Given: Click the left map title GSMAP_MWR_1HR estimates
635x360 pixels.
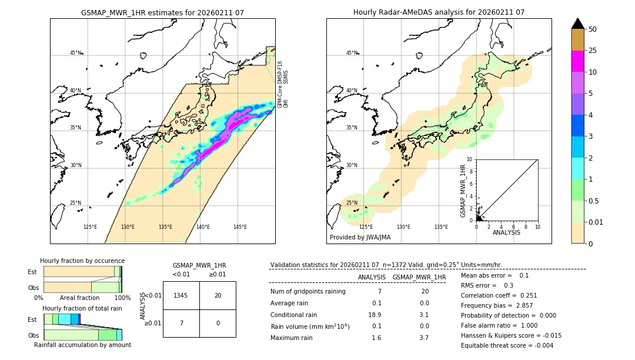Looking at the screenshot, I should coord(162,12).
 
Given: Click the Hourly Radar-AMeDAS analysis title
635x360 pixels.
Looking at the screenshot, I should coord(439,12).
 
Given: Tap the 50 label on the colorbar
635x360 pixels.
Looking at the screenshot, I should coord(593,29).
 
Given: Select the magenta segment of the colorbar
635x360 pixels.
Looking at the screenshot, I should coord(577,61).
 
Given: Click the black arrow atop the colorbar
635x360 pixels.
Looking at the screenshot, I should coord(577,24).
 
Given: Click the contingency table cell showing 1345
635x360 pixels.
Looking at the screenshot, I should coord(181,295).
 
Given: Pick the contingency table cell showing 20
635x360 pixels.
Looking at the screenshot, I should coord(218,295).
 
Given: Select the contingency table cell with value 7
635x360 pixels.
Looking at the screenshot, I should coord(181,323).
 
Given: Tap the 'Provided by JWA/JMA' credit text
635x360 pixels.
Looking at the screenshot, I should coord(360,238).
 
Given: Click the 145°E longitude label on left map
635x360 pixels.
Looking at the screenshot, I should coord(240,227).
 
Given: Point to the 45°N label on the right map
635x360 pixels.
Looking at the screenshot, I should coord(352,53).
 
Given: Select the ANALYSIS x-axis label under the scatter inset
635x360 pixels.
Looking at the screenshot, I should coord(506,232).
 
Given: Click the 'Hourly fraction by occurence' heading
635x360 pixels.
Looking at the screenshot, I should coord(82,261).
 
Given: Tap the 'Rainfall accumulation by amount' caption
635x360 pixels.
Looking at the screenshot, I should coord(82,345).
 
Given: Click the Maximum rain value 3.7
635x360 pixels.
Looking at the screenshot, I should coord(423,338).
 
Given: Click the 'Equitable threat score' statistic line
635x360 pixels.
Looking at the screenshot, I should coord(507,345).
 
